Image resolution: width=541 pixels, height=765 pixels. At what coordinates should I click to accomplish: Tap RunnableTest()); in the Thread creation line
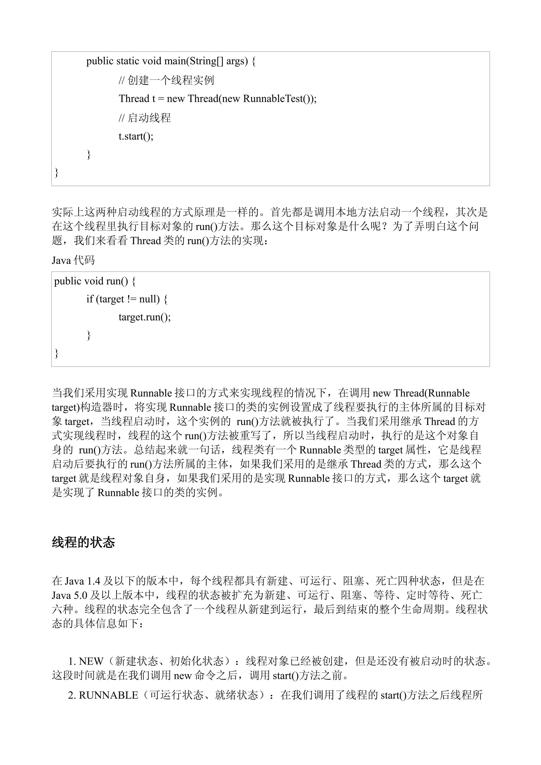pos(280,99)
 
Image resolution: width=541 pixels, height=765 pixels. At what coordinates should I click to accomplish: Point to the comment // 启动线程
pos(145,118)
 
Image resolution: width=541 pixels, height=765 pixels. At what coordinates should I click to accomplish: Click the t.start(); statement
pos(136,137)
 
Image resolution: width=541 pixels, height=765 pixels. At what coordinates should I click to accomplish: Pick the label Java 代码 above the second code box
pos(73,260)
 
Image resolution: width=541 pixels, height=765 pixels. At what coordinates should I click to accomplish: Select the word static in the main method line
pos(128,61)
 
